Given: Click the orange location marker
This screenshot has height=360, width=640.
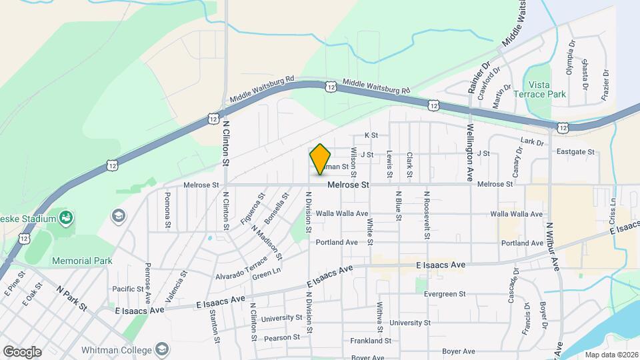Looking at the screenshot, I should (321, 159).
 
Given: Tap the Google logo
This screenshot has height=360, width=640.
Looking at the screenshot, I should (22, 352).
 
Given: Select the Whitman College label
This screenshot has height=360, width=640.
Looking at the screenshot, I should (117, 350).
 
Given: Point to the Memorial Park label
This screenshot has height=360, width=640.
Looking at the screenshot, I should (82, 261).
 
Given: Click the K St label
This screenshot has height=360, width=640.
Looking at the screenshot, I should (371, 135).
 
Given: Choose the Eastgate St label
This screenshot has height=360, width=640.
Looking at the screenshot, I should (575, 153).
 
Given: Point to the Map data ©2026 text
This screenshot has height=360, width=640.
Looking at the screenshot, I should (611, 354).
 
